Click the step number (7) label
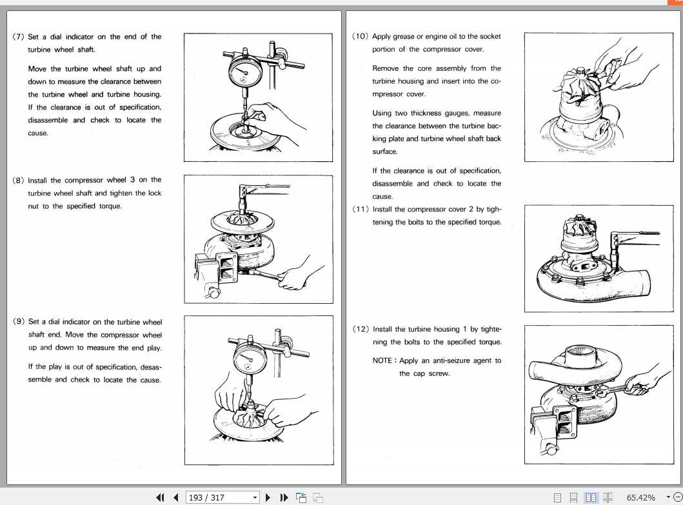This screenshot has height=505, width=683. click(x=19, y=37)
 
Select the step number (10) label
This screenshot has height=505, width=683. click(x=361, y=37)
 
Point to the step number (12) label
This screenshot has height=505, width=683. click(x=361, y=329)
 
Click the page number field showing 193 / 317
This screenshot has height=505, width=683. click(x=217, y=497)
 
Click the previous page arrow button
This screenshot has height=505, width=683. click(x=175, y=497)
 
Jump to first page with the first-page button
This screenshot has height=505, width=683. click(x=161, y=497)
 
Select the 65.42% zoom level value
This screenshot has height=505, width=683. click(x=640, y=497)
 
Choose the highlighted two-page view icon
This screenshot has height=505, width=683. click(x=591, y=497)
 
